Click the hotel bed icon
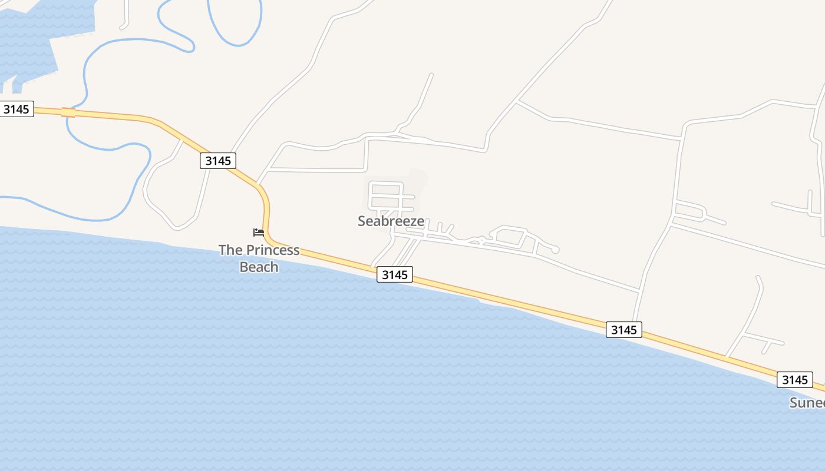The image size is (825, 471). tap(259, 232)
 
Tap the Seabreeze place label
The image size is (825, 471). tap(391, 221)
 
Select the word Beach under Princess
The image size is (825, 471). tap(259, 267)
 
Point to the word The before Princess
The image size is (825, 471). tap(230, 250)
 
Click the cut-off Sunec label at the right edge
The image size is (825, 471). tap(807, 403)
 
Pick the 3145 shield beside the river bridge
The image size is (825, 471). tap(16, 109)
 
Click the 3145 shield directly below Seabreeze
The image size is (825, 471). tap(395, 274)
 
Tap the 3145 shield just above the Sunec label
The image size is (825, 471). tap(794, 380)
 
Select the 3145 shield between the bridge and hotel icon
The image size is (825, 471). tap(218, 161)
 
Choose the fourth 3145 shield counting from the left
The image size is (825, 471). tap(623, 330)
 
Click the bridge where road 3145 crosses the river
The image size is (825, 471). tap(68, 112)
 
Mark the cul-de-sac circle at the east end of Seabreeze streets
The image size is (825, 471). tap(555, 250)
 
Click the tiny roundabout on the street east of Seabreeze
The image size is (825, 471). tap(481, 240)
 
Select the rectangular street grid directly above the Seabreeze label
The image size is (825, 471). tap(386, 197)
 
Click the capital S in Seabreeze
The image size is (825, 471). tap(362, 221)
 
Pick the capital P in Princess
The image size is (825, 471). tap(250, 250)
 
